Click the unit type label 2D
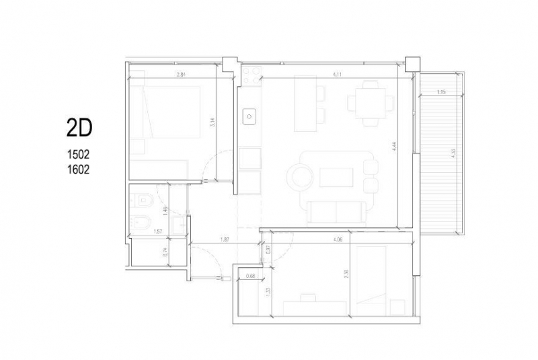(x=79, y=127)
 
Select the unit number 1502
(x=79, y=154)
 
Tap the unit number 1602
(x=79, y=170)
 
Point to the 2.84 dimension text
(x=181, y=75)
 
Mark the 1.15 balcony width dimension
(x=441, y=92)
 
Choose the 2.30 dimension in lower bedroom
(x=344, y=275)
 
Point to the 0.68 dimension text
(x=250, y=276)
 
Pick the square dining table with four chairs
(x=369, y=104)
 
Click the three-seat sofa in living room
(x=336, y=213)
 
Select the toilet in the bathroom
(x=141, y=200)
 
